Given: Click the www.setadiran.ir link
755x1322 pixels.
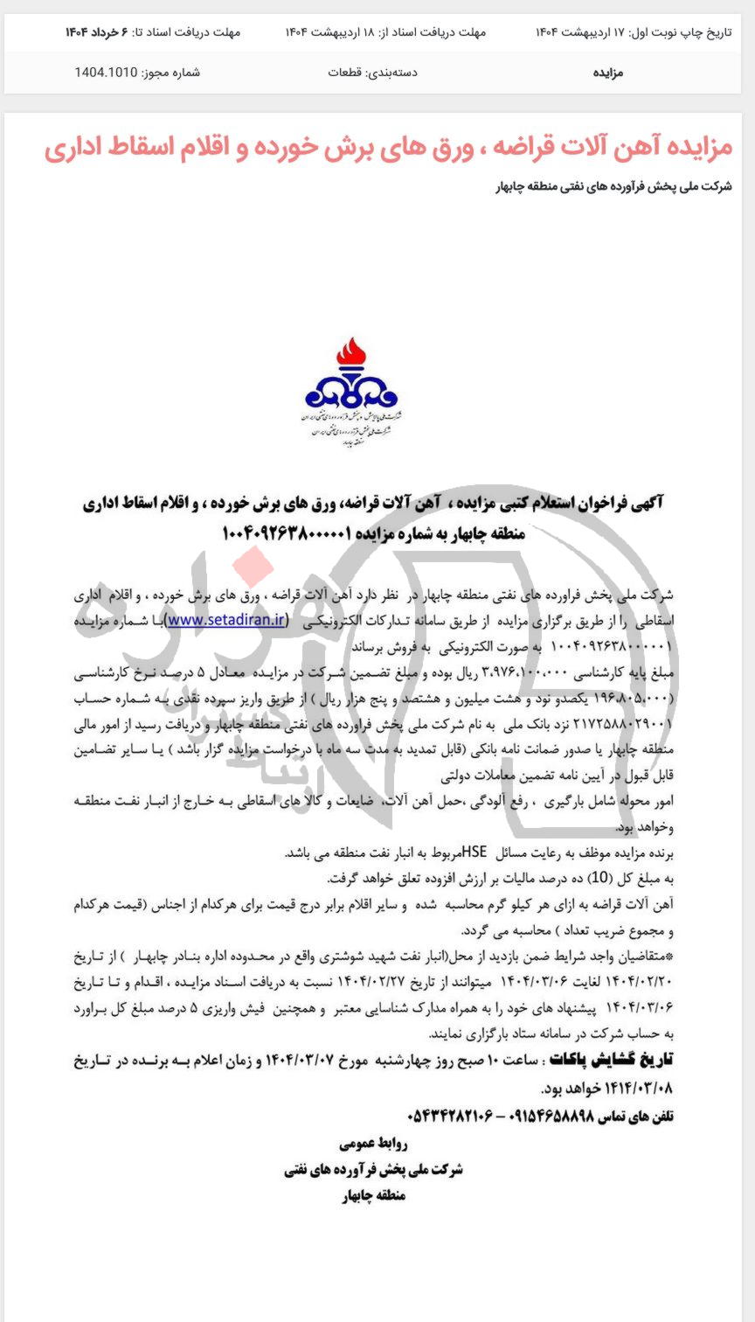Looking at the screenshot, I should pyautogui.click(x=227, y=620).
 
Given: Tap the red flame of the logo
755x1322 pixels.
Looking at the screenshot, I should pyautogui.click(x=352, y=356).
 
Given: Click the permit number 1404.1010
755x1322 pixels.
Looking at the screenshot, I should pyautogui.click(x=106, y=73).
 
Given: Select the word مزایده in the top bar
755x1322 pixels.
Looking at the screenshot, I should pyautogui.click(x=607, y=73).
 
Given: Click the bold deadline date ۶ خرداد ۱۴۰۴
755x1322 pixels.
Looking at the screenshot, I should pyautogui.click(x=96, y=32).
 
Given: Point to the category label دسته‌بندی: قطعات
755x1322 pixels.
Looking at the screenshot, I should pyautogui.click(x=372, y=73).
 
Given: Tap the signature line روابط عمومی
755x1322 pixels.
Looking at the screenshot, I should pyautogui.click(x=373, y=1144).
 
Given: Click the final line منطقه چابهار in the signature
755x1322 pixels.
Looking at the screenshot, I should pyautogui.click(x=373, y=1196).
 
